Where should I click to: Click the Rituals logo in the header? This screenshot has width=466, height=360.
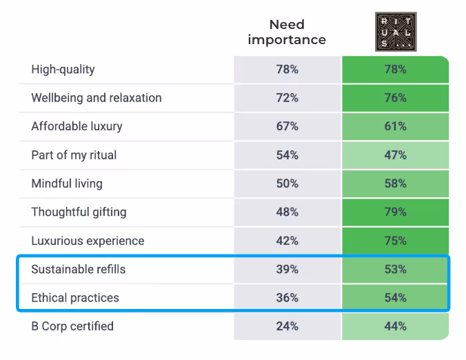pos(396,31)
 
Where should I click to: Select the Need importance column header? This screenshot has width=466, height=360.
pos(287,32)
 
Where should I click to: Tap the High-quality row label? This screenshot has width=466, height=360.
pos(63,70)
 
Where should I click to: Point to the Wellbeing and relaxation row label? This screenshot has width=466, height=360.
pos(97,98)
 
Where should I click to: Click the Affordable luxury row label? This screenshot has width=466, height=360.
pos(77,127)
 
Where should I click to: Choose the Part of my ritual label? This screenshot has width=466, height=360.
pos(74,155)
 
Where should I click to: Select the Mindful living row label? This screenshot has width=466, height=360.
pos(67,183)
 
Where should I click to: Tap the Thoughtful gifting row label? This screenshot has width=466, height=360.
pos(79,212)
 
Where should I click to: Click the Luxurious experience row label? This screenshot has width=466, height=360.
pos(88,241)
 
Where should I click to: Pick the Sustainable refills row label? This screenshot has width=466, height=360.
pos(79,270)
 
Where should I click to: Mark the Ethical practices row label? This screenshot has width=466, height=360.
pos(75,298)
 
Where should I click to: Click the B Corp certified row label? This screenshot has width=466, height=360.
pos(72,326)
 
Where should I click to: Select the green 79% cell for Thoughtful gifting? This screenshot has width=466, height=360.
pos(396,212)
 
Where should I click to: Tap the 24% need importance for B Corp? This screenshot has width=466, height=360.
pos(287,326)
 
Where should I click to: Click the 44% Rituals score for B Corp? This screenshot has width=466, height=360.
pos(396,326)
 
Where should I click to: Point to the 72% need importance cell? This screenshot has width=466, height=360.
pos(287,98)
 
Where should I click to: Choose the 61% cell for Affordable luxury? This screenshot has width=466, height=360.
pos(396,127)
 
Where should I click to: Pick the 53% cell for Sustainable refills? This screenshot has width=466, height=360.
pos(396,270)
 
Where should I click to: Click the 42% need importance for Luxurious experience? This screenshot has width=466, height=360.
pos(287,241)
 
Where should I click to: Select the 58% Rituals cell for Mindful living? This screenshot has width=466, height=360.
pos(396,183)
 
